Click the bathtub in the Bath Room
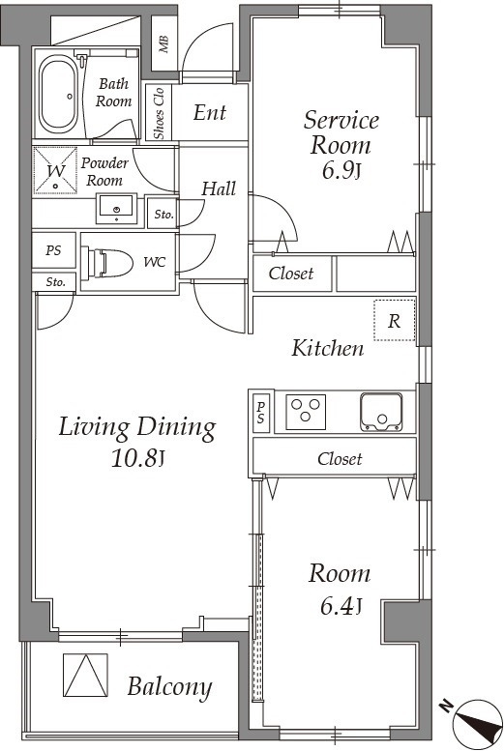[58, 95]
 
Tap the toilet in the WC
[107, 263]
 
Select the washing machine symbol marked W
[55, 170]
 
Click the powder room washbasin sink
[116, 208]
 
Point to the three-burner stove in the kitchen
[306, 412]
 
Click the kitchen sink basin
[381, 412]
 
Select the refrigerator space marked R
[394, 320]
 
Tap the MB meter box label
[164, 44]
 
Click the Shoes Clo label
[159, 113]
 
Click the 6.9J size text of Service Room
[341, 170]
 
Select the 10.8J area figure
[137, 458]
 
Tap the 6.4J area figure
[341, 606]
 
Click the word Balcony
[169, 687]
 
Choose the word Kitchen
[328, 348]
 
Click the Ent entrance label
[210, 112]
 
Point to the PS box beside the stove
[261, 413]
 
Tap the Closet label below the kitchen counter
[340, 459]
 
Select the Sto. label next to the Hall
[164, 215]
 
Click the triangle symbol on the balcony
[86, 675]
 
